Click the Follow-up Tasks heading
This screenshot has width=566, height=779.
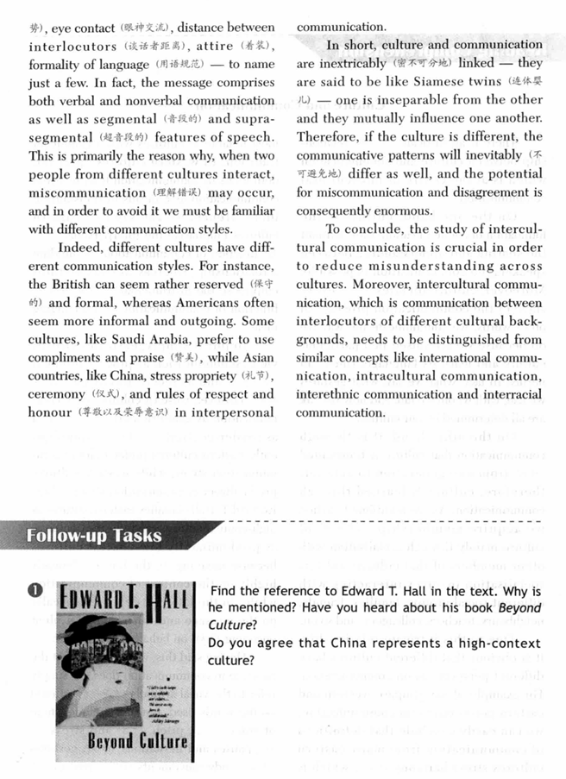tap(94, 536)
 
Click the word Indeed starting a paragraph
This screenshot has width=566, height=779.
tap(79, 245)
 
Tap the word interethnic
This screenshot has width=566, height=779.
tap(332, 393)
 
